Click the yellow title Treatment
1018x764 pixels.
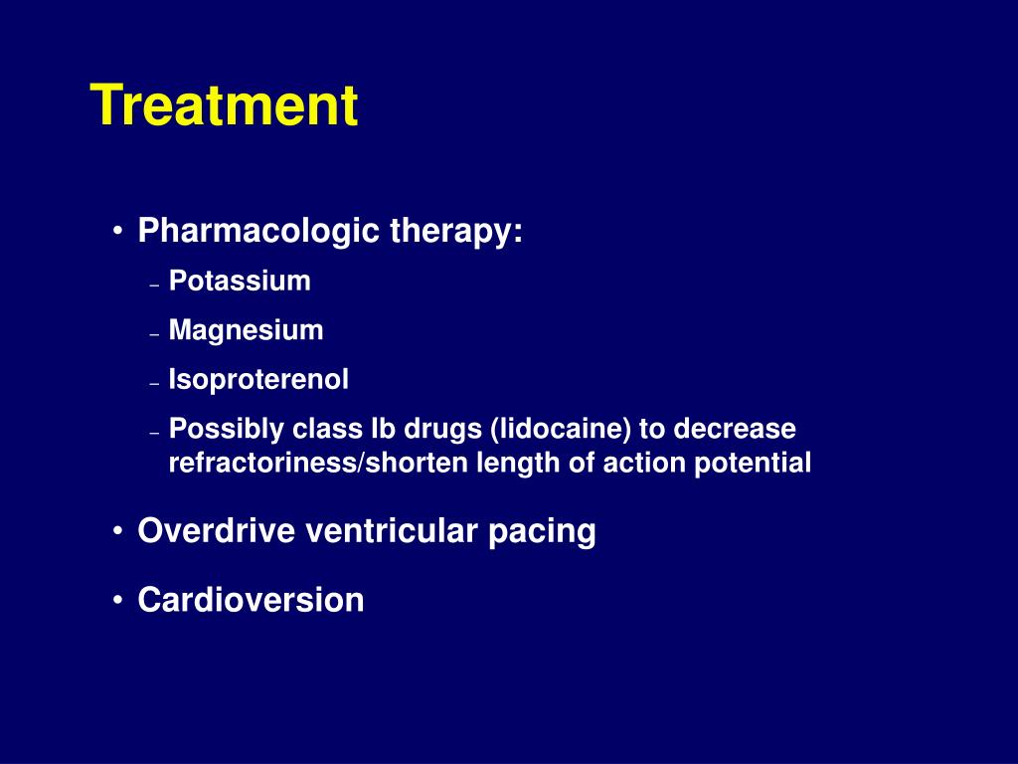(224, 104)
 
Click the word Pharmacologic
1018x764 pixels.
(258, 231)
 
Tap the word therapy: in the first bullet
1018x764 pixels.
(456, 231)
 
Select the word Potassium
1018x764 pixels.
(240, 281)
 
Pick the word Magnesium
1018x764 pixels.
(247, 330)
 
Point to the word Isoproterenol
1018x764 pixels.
(258, 379)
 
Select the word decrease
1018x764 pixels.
(735, 429)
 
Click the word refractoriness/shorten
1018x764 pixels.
(319, 463)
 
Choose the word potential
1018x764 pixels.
(753, 464)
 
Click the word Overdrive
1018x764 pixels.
(216, 530)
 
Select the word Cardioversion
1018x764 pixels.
(251, 599)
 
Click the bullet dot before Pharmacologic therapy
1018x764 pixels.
(117, 231)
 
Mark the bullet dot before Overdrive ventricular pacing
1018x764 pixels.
(117, 531)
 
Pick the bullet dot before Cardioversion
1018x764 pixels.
(117, 600)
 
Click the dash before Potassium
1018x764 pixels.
(154, 286)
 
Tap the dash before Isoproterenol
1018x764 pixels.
(154, 384)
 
